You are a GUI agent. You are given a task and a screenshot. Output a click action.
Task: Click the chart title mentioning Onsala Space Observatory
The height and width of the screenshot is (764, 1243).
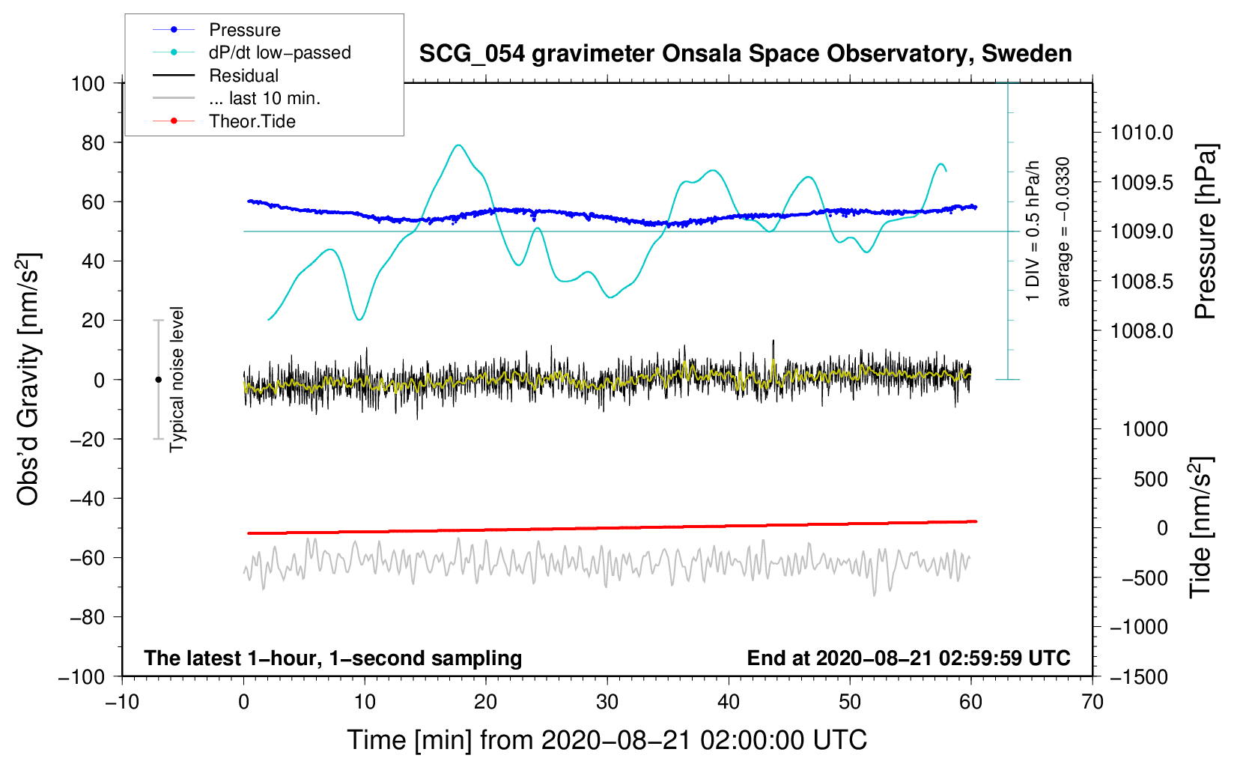coord(745,54)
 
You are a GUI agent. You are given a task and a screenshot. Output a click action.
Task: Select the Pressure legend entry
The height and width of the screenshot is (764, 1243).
coord(244,30)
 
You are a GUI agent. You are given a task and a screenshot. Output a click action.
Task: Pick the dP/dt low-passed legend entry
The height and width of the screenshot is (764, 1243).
coord(279,52)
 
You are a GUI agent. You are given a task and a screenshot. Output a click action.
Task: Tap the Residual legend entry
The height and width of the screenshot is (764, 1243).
coord(243,76)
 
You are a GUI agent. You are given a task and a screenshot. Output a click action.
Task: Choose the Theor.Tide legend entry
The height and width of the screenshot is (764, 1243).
coord(252,121)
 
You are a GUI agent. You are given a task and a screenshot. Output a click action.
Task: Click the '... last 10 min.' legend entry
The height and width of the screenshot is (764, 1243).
coord(264,98)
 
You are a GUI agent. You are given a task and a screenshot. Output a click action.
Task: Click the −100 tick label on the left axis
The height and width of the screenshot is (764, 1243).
coord(82,676)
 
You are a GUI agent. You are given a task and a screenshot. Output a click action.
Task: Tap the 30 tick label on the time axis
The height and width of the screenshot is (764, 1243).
coord(607,702)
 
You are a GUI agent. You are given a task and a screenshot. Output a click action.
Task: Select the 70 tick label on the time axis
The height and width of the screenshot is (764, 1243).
coord(1092,702)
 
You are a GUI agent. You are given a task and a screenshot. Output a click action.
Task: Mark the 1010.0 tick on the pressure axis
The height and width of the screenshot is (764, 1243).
coord(1141,133)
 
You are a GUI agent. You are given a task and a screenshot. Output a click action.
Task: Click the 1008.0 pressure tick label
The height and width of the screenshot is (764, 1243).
coord(1141,330)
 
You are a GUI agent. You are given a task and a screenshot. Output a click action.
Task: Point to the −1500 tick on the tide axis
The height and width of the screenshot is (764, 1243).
coord(1138,676)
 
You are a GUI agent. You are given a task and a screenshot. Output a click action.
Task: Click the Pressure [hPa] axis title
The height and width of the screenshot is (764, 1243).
coord(1205,231)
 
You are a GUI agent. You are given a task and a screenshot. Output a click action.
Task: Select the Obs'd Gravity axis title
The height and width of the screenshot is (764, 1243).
coord(28,380)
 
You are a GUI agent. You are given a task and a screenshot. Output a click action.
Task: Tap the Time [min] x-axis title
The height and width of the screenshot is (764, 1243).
coord(607,740)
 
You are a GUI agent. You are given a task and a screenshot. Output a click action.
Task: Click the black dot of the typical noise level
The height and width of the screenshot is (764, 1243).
coord(158,380)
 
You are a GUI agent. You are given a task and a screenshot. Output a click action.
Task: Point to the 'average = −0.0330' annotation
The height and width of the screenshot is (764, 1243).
coord(1063,231)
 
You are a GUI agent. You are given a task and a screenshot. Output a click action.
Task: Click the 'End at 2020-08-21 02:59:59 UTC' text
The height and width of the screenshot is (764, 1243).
coord(908,658)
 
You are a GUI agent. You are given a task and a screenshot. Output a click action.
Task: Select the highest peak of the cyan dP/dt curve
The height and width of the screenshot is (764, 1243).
coord(459,145)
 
